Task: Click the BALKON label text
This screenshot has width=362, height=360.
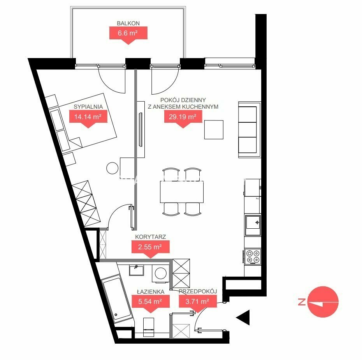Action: pos(128,23)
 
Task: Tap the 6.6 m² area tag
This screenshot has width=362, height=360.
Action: pos(128,34)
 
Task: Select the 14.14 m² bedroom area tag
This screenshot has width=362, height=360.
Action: pos(88,117)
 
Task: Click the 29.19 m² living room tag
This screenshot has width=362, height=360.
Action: pos(183,117)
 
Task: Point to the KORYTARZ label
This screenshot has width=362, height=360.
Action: pos(151,237)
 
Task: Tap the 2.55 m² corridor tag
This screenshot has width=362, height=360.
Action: pos(150,248)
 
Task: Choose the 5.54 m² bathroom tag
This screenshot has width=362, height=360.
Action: pos(150,302)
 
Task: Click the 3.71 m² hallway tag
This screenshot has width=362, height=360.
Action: pos(198,302)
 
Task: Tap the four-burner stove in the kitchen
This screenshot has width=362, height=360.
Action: pos(253,256)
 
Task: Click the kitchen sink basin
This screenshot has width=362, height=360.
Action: pos(253,222)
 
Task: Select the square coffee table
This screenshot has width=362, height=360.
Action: pos(214,130)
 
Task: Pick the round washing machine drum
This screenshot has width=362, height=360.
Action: pos(161,274)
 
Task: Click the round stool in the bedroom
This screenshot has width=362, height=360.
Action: pos(112,168)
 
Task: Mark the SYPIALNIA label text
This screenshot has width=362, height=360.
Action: pos(88,107)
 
